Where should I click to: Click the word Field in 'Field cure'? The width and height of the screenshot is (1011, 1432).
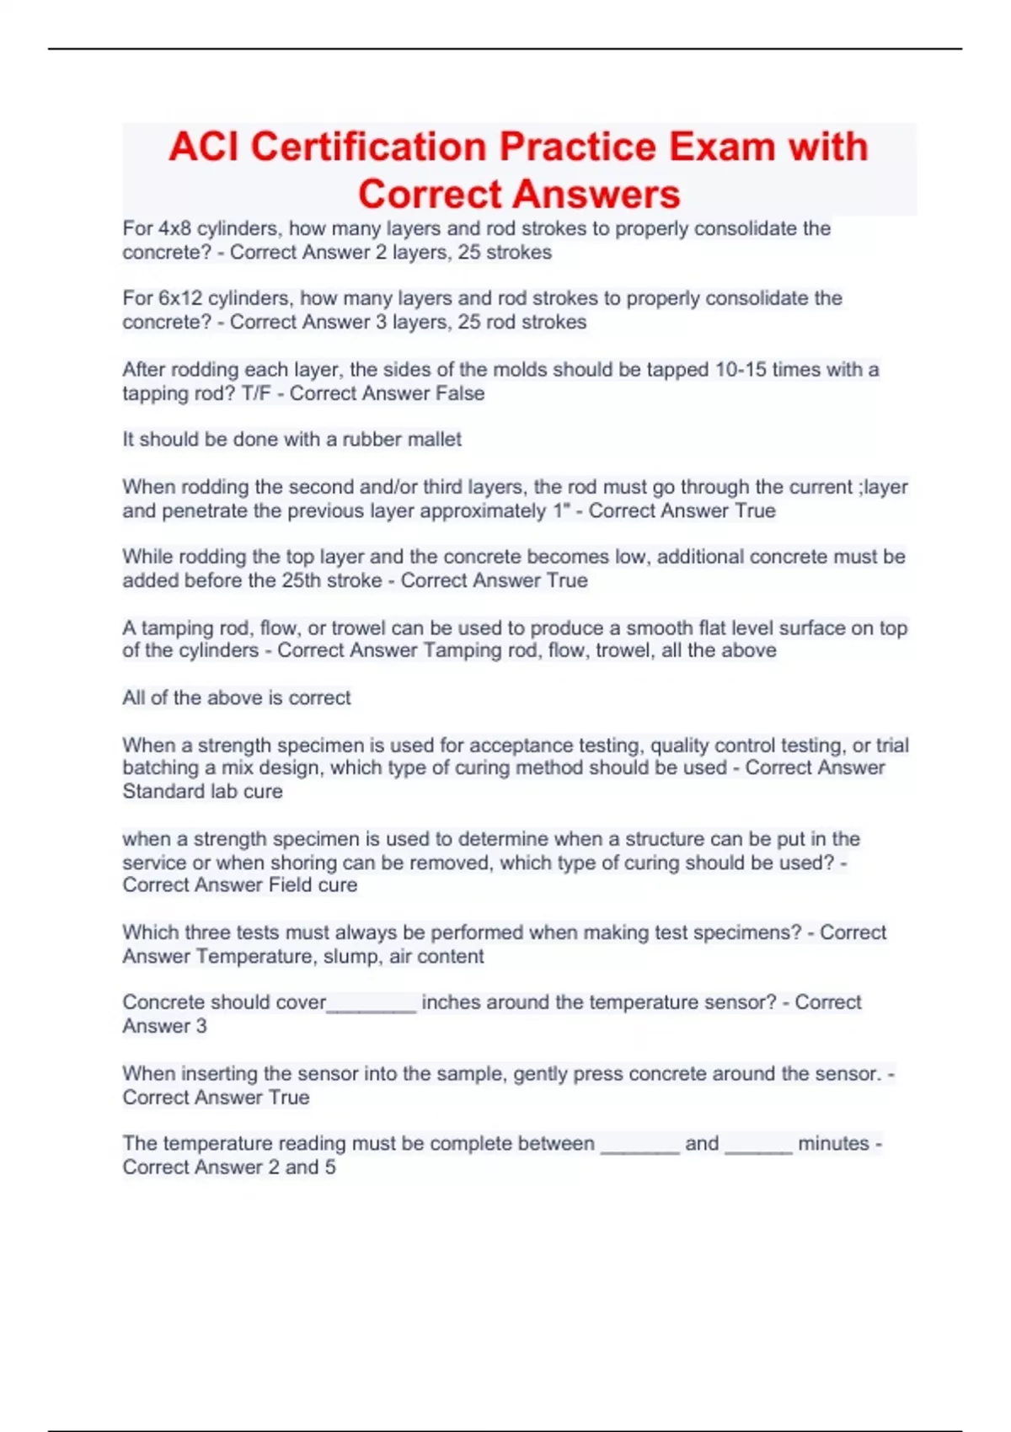coord(290,884)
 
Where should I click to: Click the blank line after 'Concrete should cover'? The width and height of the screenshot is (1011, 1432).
coord(372,1006)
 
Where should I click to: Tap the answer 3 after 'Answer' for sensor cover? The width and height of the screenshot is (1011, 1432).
coord(201,1026)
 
